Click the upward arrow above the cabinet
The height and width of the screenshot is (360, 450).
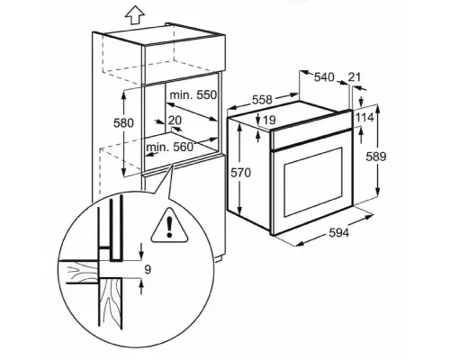coord(135,15)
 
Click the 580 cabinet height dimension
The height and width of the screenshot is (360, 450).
coord(123,122)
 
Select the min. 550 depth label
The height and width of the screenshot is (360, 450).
coord(193,94)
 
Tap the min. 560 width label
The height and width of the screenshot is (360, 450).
coord(170,147)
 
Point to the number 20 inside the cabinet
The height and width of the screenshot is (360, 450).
coord(175,121)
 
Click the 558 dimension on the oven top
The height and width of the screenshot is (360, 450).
coord(262,100)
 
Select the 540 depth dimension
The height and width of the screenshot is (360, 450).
coord(324,77)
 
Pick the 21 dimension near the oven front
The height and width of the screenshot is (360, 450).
coord(354,76)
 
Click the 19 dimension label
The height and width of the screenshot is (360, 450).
coord(269,120)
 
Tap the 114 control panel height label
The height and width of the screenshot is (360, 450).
coord(364,117)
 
